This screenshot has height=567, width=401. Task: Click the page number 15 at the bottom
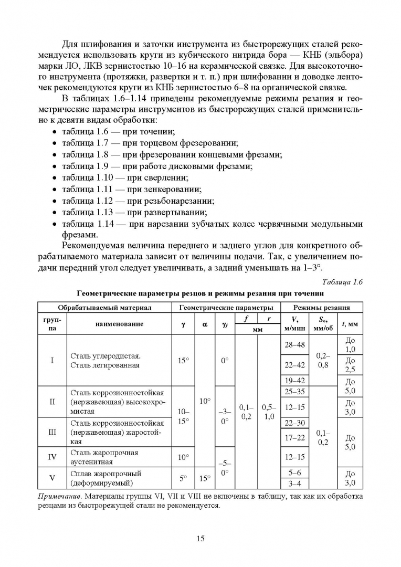[200, 538]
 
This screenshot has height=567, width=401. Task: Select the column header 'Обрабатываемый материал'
[104, 307]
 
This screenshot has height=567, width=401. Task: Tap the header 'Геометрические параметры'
[226, 307]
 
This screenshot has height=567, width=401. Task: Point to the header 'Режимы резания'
[322, 307]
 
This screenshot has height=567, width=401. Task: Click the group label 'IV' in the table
[52, 457]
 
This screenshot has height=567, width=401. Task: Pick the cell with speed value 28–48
[294, 345]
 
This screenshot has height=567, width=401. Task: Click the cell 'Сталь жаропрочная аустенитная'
[104, 457]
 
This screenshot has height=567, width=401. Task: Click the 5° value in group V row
[183, 478]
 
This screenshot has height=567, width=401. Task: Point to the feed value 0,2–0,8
[323, 360]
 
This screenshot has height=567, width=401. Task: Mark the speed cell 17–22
[294, 437]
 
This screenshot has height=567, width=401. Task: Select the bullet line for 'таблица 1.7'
[150, 143]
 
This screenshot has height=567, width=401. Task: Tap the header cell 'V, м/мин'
[294, 324]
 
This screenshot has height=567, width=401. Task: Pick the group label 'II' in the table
[52, 402]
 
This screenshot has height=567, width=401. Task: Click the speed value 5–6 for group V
[294, 472]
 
